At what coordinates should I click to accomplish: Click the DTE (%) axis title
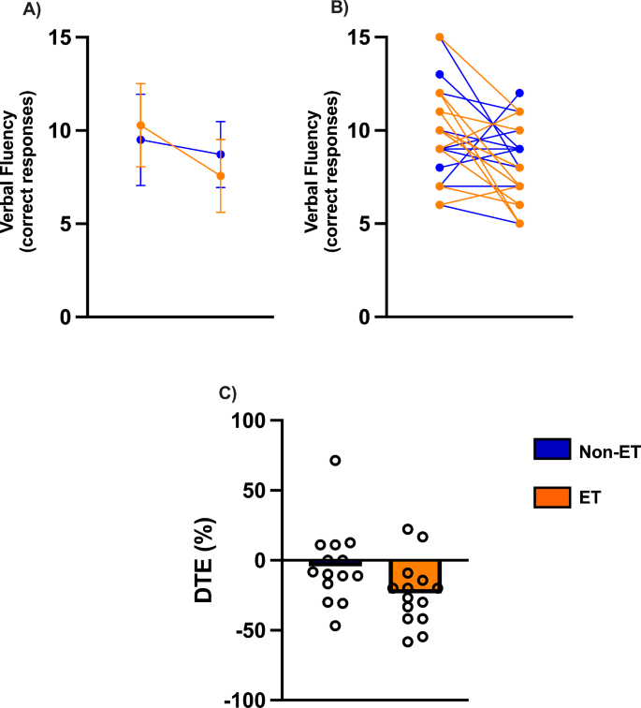pos(209,560)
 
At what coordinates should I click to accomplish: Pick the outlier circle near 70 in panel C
pos(335,460)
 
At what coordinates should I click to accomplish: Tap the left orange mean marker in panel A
pos(140,125)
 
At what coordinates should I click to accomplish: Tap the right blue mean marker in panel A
pos(221,155)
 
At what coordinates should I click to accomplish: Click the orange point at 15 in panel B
pos(440,37)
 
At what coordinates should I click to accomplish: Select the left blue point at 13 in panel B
pos(440,74)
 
